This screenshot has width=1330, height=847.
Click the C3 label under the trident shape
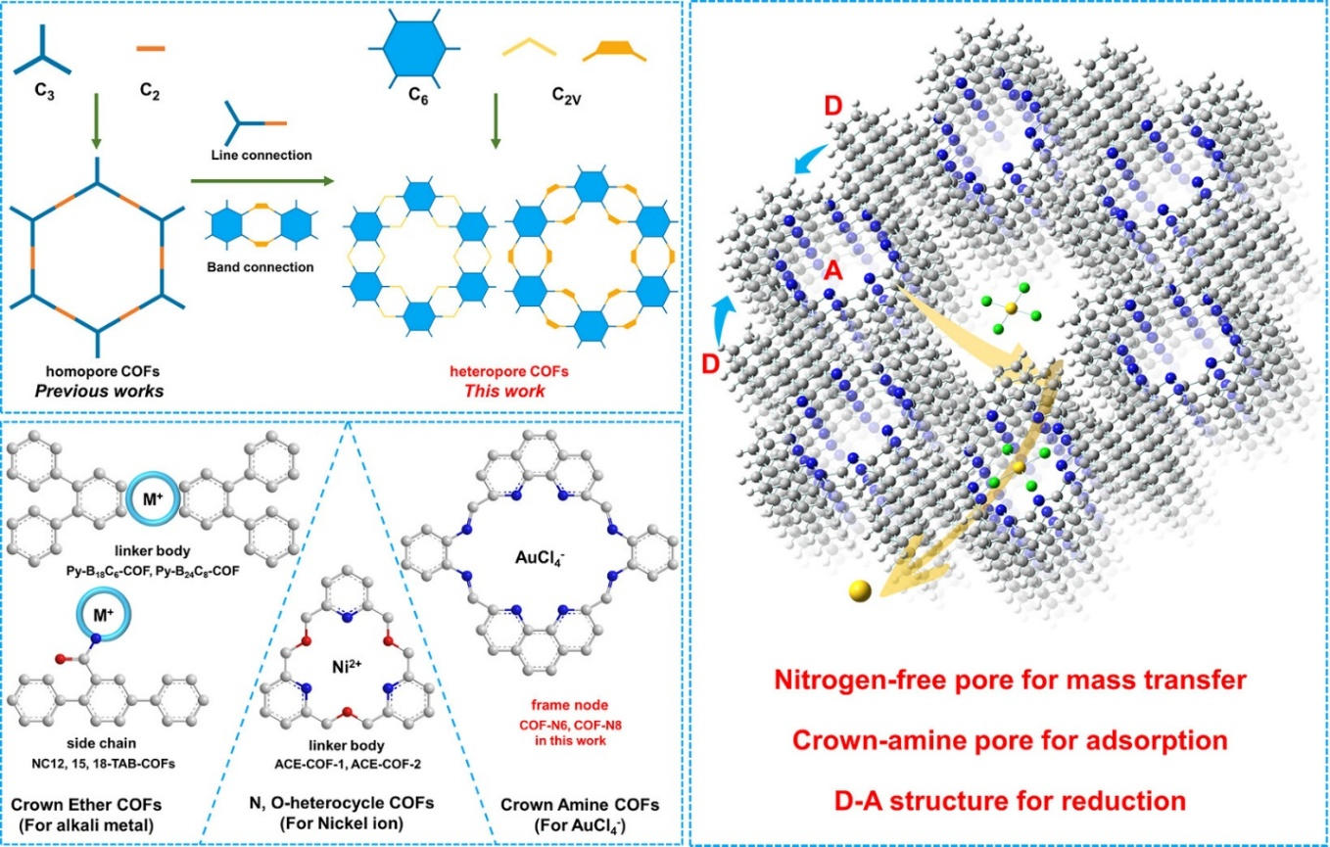[x=44, y=91]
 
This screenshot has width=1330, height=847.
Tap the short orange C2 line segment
[x=151, y=49]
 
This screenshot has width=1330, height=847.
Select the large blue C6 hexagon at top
[x=414, y=48]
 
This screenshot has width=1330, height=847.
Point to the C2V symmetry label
[x=566, y=95]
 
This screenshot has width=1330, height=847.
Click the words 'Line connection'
[x=261, y=155]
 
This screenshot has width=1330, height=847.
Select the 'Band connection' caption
[x=261, y=267]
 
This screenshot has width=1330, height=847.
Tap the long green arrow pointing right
[x=262, y=181]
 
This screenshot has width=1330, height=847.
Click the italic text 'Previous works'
[x=99, y=391]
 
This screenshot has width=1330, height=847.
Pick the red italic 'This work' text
[x=504, y=391]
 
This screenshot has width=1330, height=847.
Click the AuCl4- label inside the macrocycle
[x=540, y=558]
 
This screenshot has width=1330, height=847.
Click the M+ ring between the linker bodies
[x=153, y=499]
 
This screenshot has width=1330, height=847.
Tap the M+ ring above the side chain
[x=104, y=614]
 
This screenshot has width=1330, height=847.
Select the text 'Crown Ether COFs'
[x=86, y=805]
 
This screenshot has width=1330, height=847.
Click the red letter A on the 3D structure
[x=833, y=271]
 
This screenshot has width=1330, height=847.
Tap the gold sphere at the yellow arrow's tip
[x=860, y=590]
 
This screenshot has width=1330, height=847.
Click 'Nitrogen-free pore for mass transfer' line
[x=1010, y=681]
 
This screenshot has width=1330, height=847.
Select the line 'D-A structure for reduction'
[x=1010, y=801]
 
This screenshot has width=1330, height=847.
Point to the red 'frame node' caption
[x=570, y=705]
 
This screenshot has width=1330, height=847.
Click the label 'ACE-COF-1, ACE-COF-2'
[x=348, y=764]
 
